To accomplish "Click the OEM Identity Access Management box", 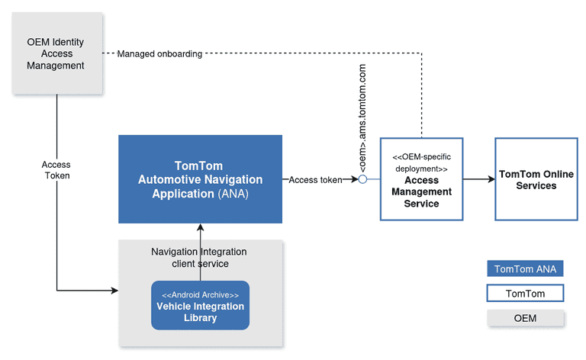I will click(x=56, y=53).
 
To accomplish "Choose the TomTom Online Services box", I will click(x=536, y=179).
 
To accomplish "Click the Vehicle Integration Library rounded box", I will click(x=200, y=306).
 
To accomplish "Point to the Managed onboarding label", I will click(x=159, y=54).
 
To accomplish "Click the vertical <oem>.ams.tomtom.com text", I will click(x=362, y=119).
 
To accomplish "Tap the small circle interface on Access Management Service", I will click(x=363, y=180).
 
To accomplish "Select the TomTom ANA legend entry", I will click(x=526, y=268).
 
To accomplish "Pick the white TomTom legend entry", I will click(x=526, y=293).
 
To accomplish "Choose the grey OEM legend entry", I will click(x=526, y=318).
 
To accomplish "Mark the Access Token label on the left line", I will click(x=56, y=169).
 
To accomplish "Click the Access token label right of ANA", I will click(x=315, y=180).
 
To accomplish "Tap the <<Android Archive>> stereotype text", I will click(x=200, y=294).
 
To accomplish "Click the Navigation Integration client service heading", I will click(x=199, y=258).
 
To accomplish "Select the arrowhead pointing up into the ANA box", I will click(x=200, y=228).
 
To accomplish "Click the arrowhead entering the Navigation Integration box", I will click(x=114, y=291).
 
